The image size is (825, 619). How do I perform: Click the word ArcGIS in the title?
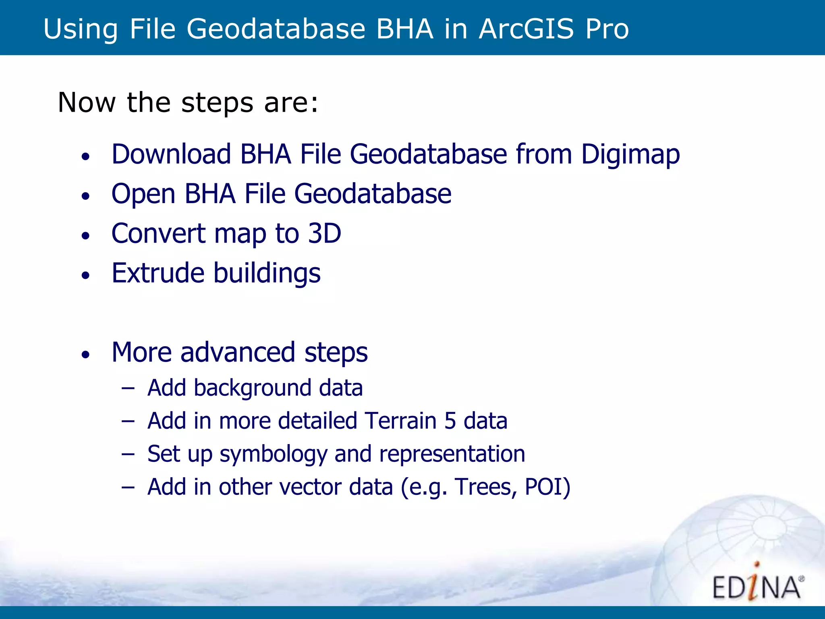526,29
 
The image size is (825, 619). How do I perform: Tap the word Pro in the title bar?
607,29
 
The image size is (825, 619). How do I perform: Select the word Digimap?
630,155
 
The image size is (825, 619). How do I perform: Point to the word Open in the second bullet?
143,194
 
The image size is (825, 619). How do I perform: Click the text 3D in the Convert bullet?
324,233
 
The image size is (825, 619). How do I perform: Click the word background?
253,388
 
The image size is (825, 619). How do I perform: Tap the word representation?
452,455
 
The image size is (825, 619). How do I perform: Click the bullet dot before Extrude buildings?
85,276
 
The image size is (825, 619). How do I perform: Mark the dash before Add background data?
128,388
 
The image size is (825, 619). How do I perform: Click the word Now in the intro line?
87,102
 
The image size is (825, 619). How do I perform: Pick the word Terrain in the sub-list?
400,421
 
